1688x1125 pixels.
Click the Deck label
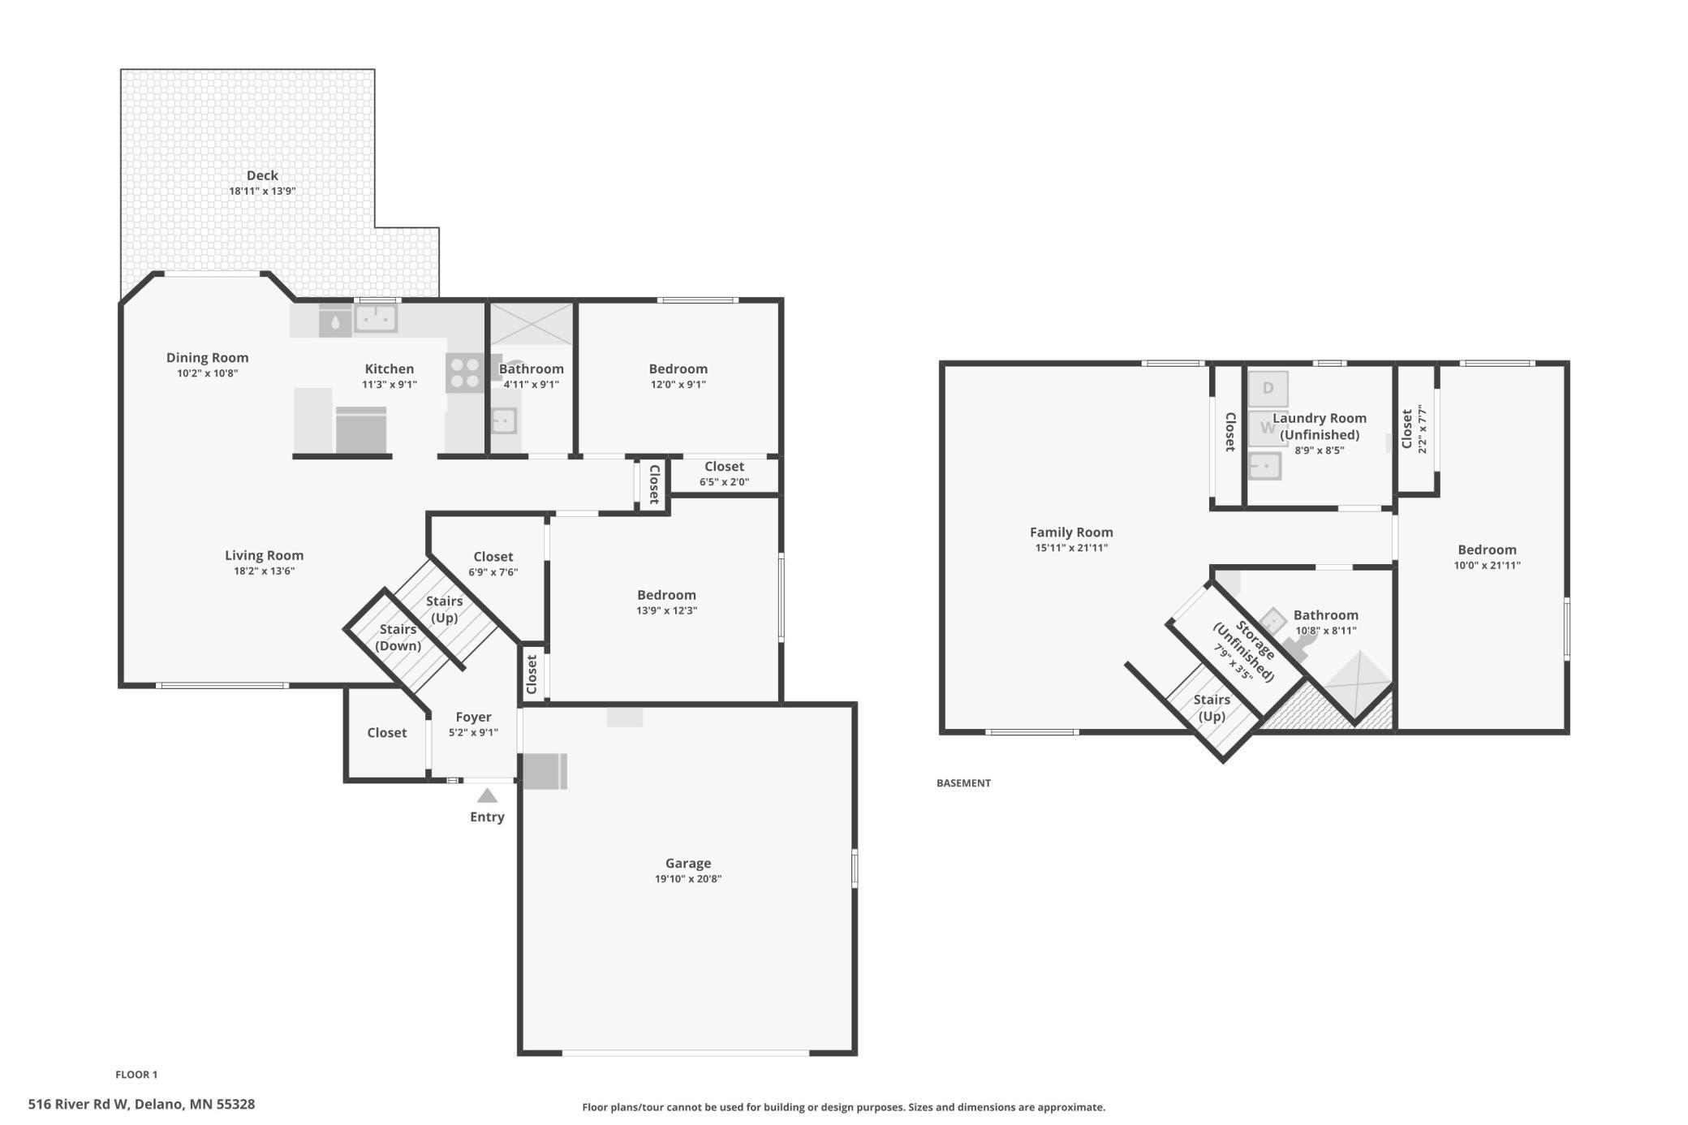[x=262, y=175]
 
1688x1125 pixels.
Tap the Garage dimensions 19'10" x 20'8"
[x=688, y=879]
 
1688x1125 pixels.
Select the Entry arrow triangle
[x=487, y=795]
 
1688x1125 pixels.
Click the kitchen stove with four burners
[x=465, y=373]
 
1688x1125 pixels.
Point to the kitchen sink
[x=376, y=318]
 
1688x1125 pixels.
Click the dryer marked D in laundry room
[x=1268, y=389]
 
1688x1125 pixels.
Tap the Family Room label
[x=1071, y=532]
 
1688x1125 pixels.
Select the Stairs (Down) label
[x=398, y=638]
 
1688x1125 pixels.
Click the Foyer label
[x=473, y=718]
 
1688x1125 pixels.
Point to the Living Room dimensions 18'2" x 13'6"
[x=264, y=571]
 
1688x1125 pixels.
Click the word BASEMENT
[x=963, y=783]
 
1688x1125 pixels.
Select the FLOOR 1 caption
[x=136, y=1075]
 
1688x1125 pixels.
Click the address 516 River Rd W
[x=78, y=1105]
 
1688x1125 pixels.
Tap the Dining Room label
[x=207, y=358]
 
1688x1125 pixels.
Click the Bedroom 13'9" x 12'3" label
[x=666, y=602]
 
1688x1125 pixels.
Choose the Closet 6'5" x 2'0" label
[x=724, y=474]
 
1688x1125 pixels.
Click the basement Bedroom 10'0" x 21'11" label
[x=1487, y=557]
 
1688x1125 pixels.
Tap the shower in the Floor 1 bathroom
[x=531, y=325]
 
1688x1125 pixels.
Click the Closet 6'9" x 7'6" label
[x=493, y=564]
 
